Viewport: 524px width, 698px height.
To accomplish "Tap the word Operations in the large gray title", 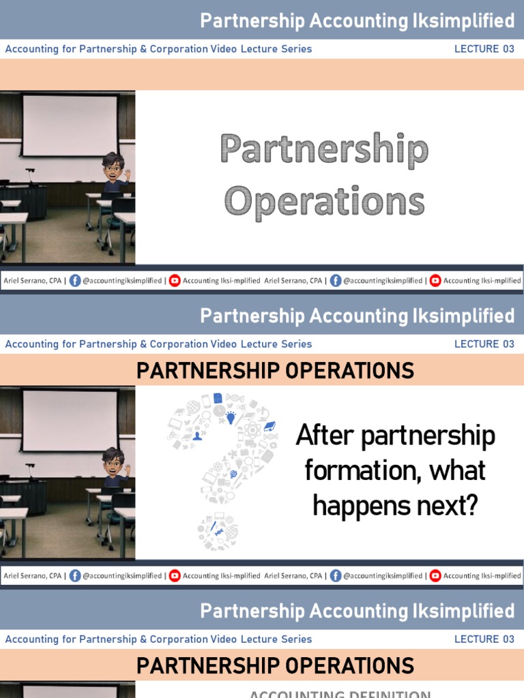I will click(324, 201).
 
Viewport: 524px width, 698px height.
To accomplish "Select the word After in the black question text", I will click(323, 436).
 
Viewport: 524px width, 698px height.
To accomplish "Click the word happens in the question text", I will click(355, 506).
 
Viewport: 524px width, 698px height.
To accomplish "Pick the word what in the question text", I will click(461, 471).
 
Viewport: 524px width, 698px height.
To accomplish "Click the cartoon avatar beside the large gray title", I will click(115, 170).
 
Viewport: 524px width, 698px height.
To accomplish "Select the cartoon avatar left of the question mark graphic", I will click(115, 466).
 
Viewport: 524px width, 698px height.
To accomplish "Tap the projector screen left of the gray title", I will click(70, 126).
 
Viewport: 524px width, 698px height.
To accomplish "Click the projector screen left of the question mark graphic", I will click(70, 421).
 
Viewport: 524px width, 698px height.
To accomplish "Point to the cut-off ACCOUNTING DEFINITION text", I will click(339, 694).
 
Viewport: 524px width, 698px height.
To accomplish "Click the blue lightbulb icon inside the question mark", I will click(231, 417).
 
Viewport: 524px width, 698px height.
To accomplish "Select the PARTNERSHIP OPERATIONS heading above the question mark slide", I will click(275, 371).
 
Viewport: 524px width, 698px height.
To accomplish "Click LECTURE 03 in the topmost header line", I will click(484, 49).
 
